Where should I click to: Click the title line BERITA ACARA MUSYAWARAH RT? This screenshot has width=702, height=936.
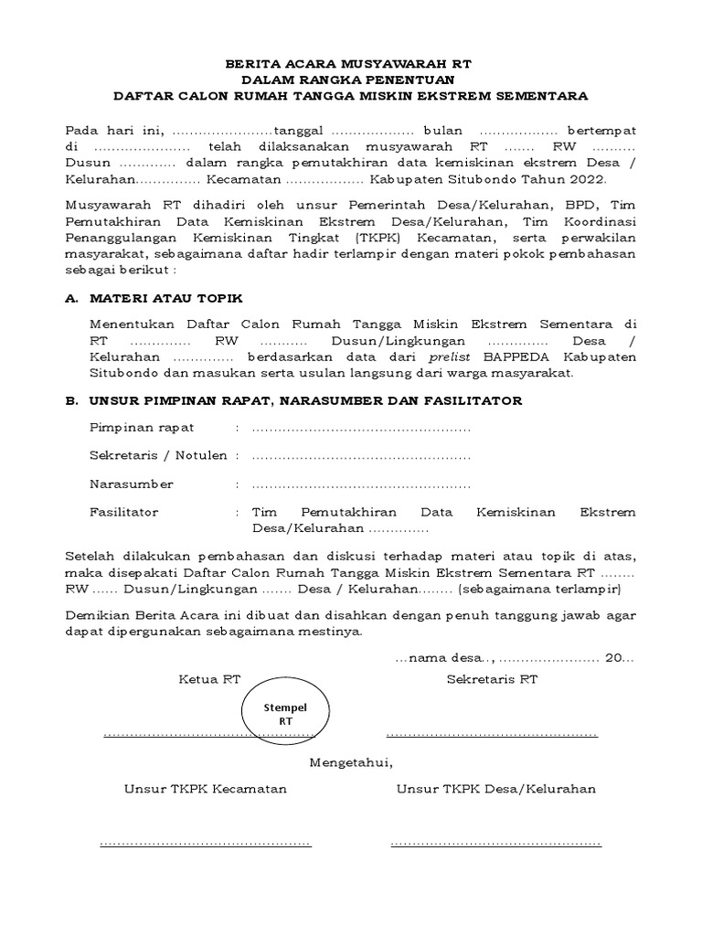click(352, 66)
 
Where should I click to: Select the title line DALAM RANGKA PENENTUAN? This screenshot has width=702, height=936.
click(352, 80)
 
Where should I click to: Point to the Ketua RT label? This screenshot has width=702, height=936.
click(209, 679)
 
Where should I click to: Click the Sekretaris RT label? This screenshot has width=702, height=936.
click(492, 679)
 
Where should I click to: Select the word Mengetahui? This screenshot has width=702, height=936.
click(351, 761)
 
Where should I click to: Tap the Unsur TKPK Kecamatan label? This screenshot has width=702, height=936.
click(206, 789)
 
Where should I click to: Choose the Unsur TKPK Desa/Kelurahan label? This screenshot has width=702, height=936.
click(495, 789)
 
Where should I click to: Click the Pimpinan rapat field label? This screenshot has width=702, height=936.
click(142, 428)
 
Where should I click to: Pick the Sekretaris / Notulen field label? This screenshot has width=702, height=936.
click(158, 455)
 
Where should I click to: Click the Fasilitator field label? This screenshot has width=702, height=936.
click(123, 513)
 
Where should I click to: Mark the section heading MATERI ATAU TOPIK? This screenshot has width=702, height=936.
click(166, 299)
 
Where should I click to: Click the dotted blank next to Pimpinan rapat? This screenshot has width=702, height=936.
click(361, 428)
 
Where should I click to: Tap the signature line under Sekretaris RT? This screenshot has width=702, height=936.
click(492, 734)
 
